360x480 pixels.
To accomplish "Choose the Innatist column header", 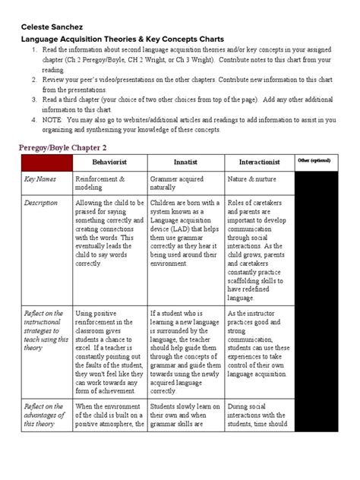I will [186, 162].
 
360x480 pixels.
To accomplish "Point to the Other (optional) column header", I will [314, 161].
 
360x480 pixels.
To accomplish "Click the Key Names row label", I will [39, 178].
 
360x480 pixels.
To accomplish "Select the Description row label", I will [41, 204].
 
